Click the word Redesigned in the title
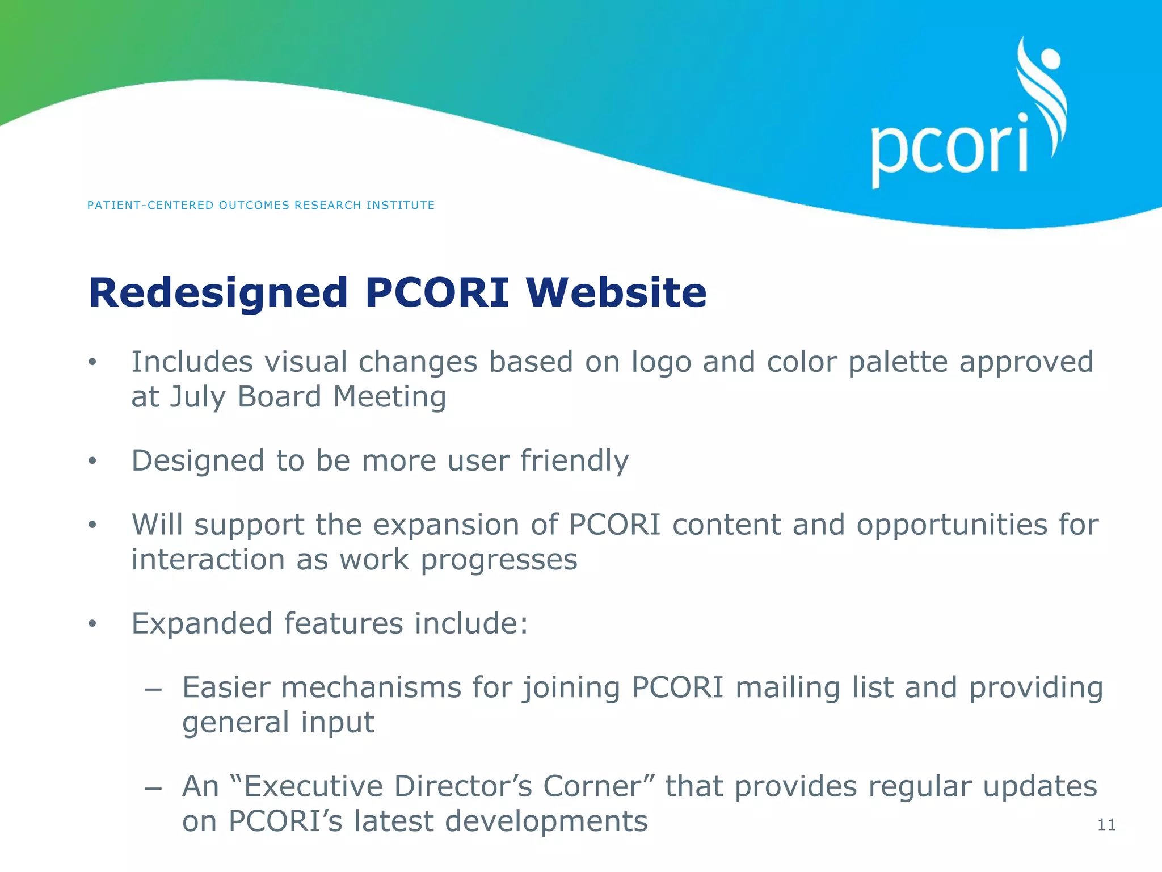218,293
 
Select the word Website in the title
616,293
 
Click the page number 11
1106,825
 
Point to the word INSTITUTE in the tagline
400,206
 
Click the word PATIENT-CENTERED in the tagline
150,206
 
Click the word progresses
499,560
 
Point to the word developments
500,822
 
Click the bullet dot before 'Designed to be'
93,461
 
